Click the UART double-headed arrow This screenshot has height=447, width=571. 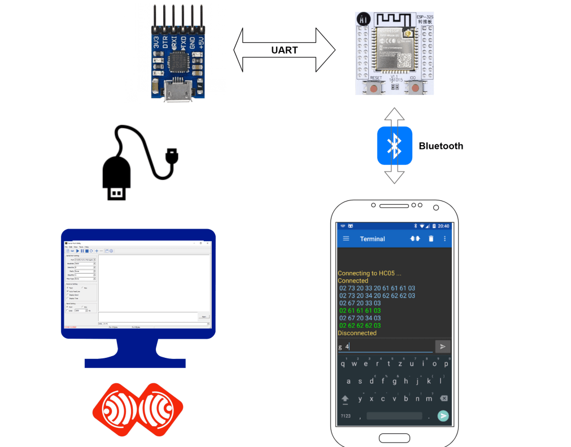tap(284, 50)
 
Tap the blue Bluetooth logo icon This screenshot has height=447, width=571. tap(394, 146)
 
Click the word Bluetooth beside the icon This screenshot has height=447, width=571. tap(441, 146)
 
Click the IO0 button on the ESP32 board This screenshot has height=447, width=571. tap(416, 87)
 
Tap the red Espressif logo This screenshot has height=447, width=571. tap(137, 408)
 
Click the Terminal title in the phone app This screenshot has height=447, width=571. tap(372, 239)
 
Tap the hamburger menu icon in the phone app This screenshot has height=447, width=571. tap(346, 239)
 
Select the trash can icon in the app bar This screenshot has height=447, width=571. tap(431, 239)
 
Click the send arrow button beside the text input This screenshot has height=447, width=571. tap(443, 347)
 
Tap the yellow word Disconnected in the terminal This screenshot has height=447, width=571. tap(357, 333)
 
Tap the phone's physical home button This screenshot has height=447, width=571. tap(394, 438)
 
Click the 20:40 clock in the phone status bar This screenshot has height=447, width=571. tap(443, 226)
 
